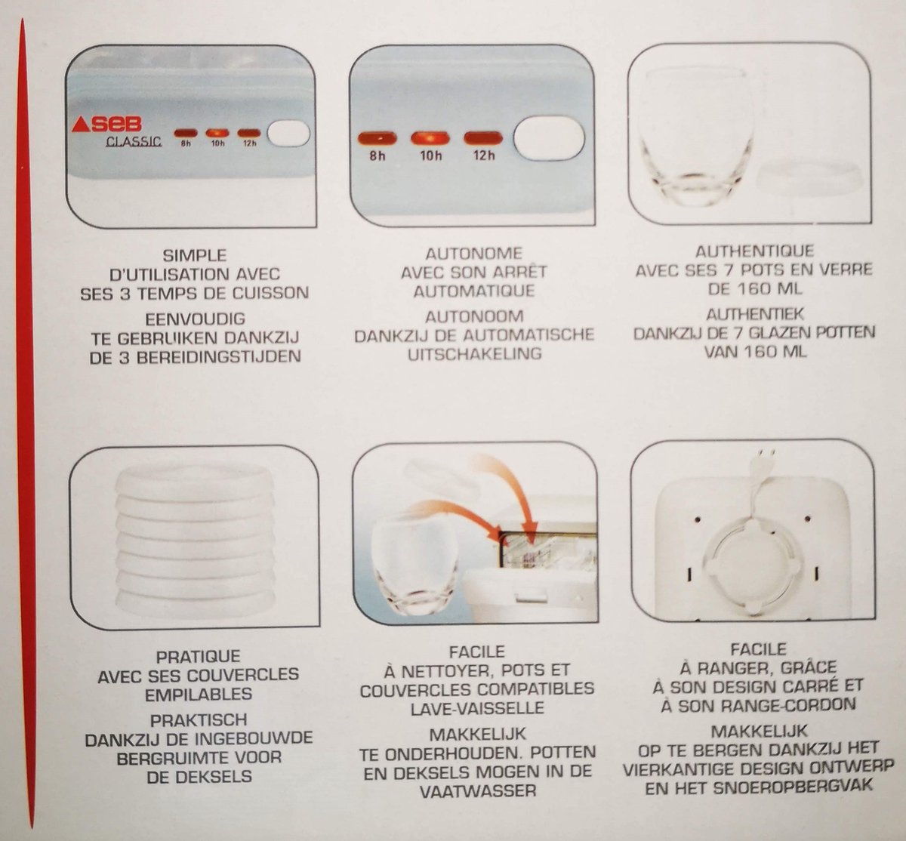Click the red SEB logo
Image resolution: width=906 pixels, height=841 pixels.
[x=106, y=124]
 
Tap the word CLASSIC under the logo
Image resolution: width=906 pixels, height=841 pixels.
[x=134, y=141]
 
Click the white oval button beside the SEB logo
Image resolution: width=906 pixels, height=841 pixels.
[x=288, y=134]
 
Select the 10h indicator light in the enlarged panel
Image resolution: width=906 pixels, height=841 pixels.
[x=430, y=137]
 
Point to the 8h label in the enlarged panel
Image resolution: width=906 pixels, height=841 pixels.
[x=377, y=156]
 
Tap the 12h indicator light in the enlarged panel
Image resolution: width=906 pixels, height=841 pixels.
[x=483, y=137]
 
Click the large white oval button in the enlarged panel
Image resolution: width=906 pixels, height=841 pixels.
[x=549, y=138]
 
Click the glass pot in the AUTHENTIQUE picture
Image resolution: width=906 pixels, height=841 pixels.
[x=695, y=137]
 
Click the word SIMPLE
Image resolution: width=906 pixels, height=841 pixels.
[x=195, y=254]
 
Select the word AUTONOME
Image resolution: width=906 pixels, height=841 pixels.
[x=474, y=253]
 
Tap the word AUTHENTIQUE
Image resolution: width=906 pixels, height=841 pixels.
[x=754, y=251]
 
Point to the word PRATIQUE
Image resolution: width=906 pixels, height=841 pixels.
[x=198, y=656]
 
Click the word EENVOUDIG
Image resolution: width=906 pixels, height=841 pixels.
[x=195, y=319]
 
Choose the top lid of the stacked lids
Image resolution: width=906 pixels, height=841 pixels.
[x=195, y=479]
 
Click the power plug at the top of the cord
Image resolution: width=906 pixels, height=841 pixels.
[x=767, y=458]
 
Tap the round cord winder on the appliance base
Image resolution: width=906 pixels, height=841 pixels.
[x=753, y=566]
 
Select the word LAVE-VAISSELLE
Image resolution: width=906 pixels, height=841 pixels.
[x=477, y=708]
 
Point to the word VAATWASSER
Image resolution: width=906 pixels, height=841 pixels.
[x=478, y=791]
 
